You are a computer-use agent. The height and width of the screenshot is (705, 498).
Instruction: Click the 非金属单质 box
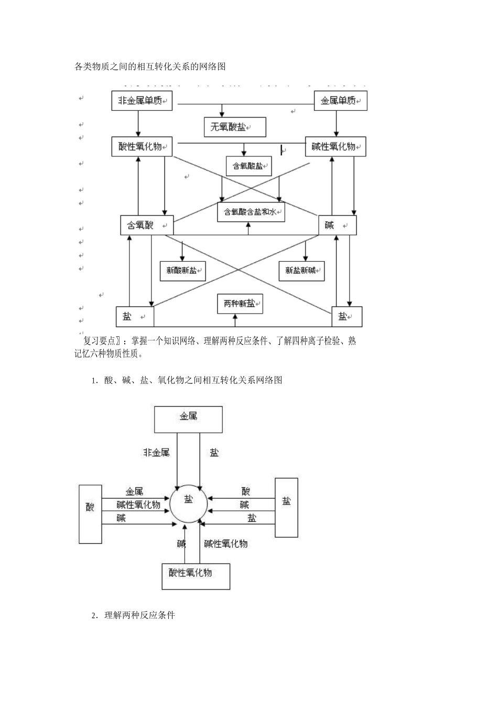point(142,101)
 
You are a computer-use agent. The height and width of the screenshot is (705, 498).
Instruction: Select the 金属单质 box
point(340,101)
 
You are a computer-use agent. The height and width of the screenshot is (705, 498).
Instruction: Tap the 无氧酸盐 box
point(234,127)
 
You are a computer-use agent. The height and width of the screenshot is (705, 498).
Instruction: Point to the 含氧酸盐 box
point(248,166)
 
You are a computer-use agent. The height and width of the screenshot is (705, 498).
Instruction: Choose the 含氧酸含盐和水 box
point(251,212)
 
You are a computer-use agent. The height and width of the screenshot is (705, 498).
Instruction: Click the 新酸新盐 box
point(182,271)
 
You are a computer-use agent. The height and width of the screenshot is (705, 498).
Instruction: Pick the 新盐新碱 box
point(301,271)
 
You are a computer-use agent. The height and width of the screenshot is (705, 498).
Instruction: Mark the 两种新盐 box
point(240,304)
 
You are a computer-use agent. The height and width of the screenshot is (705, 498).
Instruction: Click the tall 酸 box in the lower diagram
point(90,514)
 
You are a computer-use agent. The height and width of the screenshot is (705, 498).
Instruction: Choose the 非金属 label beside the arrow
point(156,452)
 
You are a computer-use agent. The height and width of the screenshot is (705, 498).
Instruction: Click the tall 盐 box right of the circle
point(286,507)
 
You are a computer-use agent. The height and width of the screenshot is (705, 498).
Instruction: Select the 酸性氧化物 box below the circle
point(196,576)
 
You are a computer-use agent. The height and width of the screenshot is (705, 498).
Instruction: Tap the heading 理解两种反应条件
point(139,615)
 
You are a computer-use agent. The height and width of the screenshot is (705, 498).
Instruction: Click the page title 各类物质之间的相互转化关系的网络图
point(150,67)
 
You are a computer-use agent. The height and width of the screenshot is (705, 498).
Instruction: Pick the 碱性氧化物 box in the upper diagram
point(335,146)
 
